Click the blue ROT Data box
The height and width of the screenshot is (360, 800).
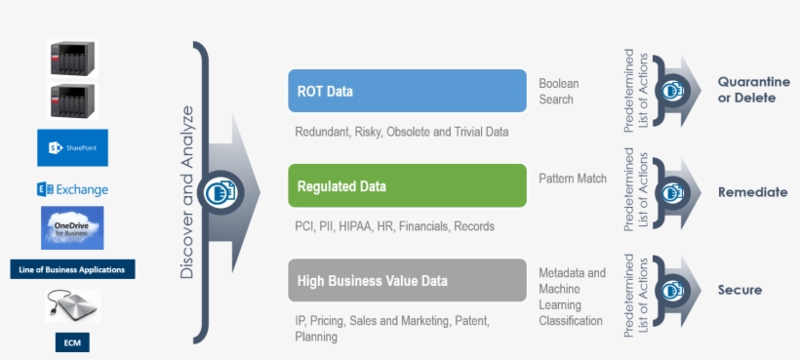tap(407, 92)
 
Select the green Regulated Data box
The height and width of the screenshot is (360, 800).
tap(407, 186)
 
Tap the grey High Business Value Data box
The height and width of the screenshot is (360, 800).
tap(407, 281)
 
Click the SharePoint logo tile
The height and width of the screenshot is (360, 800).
tap(73, 147)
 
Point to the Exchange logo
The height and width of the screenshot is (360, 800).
tap(72, 189)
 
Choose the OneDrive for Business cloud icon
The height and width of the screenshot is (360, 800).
tap(72, 228)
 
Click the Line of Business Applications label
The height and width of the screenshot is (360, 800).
tap(73, 268)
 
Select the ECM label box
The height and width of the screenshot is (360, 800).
tap(72, 341)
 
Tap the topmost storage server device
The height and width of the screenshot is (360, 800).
tap(73, 58)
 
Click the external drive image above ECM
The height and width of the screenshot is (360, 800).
tap(72, 306)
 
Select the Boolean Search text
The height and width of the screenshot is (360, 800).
tap(557, 92)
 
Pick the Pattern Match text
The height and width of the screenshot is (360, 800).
tap(572, 179)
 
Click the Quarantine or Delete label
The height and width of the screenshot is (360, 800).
tap(753, 90)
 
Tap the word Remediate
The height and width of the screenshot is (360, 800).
tap(752, 192)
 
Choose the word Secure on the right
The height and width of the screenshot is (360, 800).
tap(740, 290)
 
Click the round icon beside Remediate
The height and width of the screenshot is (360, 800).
tap(670, 192)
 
